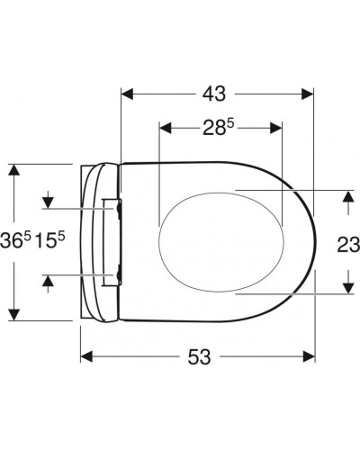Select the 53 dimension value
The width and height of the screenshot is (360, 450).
click(x=199, y=356)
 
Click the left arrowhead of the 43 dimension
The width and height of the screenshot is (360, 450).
click(x=127, y=92)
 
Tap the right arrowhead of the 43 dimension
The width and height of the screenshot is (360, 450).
click(x=307, y=92)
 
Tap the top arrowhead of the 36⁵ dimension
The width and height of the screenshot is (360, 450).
click(x=13, y=170)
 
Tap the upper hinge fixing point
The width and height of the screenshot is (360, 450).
click(x=118, y=208)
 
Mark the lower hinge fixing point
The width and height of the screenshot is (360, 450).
click(x=118, y=271)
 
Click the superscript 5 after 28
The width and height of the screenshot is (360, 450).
click(x=229, y=123)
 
